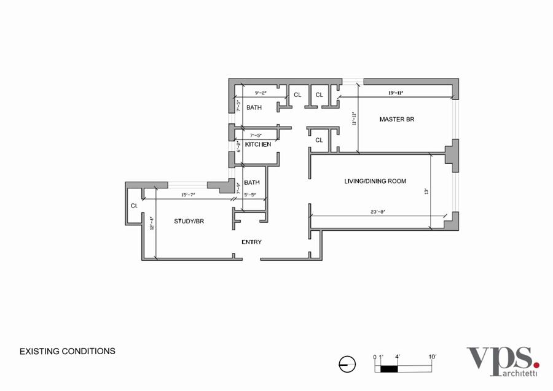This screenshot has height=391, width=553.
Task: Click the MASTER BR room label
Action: pos(396,119)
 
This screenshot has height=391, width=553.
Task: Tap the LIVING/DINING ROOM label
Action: pos(375,181)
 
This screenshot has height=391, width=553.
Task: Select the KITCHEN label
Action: pos(258,144)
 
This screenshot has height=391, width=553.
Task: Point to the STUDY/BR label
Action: pos(189,221)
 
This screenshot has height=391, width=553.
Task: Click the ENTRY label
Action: pos(251,242)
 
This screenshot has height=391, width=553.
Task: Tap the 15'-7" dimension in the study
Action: pos(189,195)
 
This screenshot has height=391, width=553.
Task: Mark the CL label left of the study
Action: pos(133,206)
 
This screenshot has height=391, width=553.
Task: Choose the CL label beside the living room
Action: pos(319,140)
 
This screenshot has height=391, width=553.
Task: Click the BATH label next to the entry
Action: pos(251,182)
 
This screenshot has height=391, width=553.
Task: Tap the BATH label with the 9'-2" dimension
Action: pos(254,107)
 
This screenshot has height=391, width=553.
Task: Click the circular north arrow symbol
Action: pos(347,364)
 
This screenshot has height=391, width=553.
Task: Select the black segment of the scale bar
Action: pos(389,368)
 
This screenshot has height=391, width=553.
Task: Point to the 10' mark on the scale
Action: pos(432,357)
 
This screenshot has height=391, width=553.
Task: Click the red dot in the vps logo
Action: pos(536,365)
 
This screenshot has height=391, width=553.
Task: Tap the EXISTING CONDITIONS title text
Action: pos(68,352)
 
